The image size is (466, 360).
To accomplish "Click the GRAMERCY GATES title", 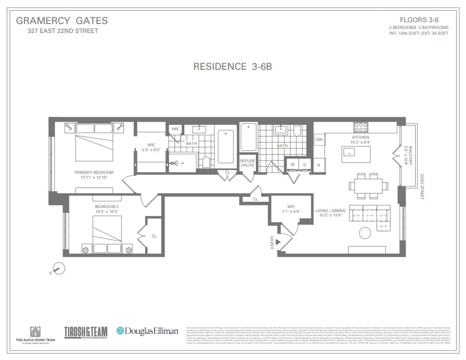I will pos(62,21).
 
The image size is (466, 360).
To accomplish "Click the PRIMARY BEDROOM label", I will pos(94,172).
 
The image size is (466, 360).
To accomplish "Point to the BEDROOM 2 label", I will pos(107,207).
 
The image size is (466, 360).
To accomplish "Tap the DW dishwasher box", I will pos(319,140).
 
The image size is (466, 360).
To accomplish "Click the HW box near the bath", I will pos(175,129).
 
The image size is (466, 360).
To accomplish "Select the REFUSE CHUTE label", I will pos(247,163).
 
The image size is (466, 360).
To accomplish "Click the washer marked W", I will pos(292,165).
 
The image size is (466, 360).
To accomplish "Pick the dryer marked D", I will pos(304,165).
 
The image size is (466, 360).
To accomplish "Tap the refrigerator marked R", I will pos(319,165).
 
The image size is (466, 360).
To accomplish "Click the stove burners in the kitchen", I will pos(360,126).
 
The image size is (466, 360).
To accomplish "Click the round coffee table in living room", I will pos(365,233).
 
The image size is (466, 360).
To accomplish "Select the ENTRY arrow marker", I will pos(278,242).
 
